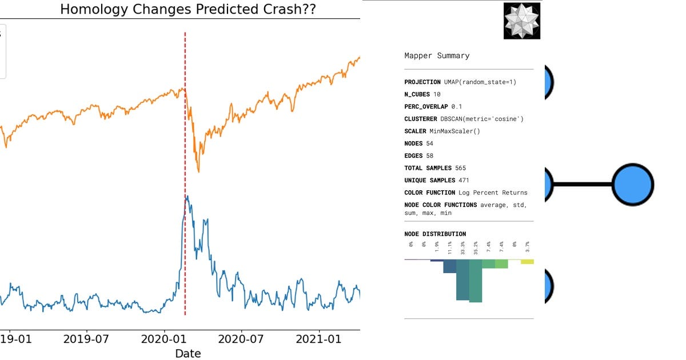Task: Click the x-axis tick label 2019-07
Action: click(86, 339)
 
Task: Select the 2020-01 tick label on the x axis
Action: click(164, 339)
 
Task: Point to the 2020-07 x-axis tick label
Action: click(241, 339)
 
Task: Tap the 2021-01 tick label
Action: click(319, 339)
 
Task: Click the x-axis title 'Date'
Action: click(188, 354)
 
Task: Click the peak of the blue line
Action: click(187, 196)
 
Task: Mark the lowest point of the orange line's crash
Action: click(198, 171)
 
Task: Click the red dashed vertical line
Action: click(185, 257)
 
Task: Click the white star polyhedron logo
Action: click(521, 21)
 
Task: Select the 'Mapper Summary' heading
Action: click(437, 55)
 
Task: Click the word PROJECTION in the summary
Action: click(422, 82)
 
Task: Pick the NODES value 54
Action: click(429, 143)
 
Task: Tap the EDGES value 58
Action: click(429, 155)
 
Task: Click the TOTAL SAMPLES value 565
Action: click(462, 168)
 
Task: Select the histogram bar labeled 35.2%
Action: click(476, 280)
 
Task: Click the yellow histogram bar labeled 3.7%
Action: click(527, 262)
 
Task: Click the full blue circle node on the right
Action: click(632, 185)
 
